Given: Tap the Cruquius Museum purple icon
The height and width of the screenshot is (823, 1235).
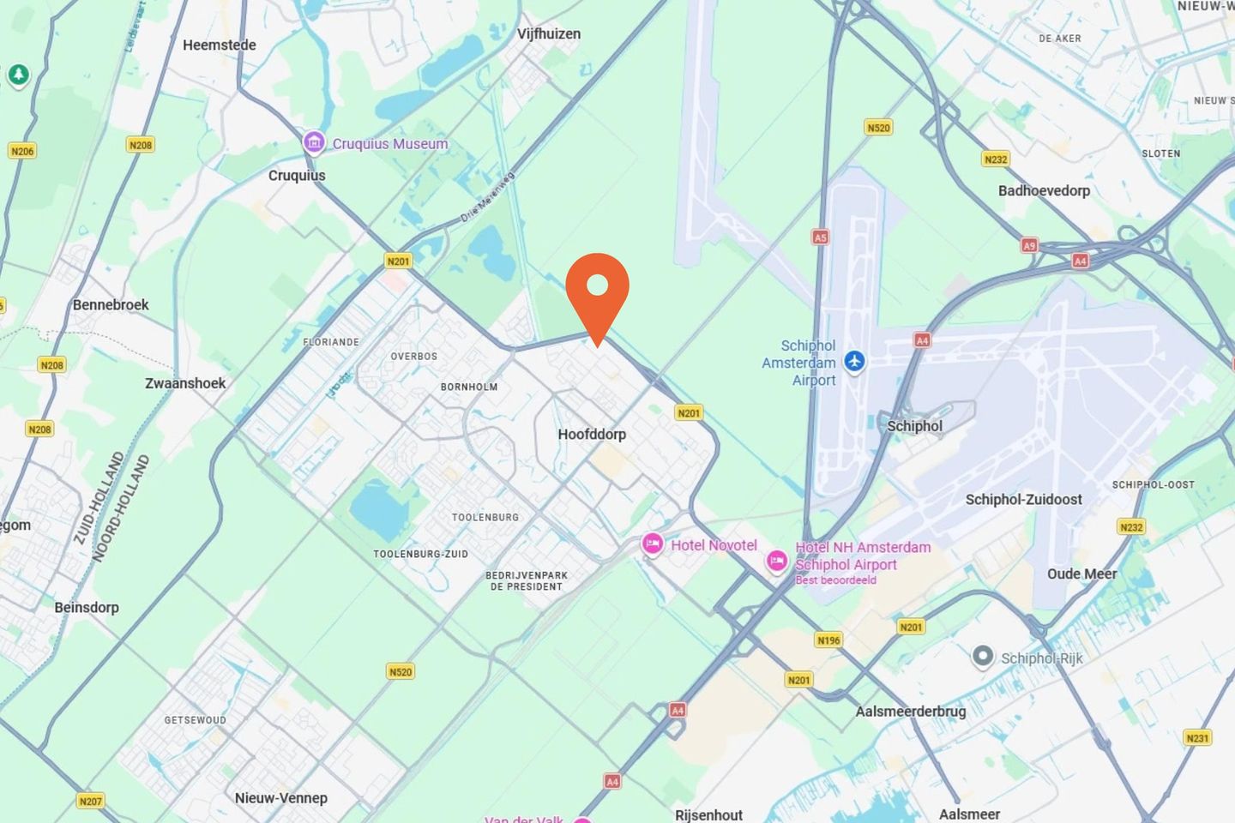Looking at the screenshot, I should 314,142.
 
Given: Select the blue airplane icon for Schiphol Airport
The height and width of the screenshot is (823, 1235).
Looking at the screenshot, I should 854,361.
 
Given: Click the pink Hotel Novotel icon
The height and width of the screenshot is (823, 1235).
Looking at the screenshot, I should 653,544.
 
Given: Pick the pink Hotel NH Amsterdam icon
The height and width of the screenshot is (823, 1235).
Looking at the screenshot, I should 777,562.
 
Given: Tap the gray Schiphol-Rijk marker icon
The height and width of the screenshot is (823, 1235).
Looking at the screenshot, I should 983,657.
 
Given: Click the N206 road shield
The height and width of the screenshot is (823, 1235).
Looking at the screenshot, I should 22,151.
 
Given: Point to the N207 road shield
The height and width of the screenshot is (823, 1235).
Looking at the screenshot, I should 90,801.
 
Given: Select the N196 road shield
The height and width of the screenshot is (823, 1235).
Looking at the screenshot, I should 828,640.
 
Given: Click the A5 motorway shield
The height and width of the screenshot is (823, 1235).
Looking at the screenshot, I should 820,237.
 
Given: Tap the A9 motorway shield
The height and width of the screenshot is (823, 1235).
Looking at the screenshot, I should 1029,245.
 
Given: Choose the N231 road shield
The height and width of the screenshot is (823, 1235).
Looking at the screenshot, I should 1197,737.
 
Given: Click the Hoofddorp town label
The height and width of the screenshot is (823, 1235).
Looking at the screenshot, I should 592,434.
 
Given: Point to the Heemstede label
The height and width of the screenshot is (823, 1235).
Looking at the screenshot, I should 220,45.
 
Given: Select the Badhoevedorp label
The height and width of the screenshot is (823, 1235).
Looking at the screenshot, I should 1044,190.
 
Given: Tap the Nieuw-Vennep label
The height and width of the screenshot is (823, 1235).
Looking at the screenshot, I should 281,797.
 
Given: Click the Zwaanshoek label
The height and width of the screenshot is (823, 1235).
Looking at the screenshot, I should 185,382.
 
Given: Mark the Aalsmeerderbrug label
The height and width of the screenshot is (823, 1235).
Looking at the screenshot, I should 910,711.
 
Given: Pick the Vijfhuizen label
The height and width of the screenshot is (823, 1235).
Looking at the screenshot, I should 549,33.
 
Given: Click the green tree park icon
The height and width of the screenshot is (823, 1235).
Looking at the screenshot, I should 18,75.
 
